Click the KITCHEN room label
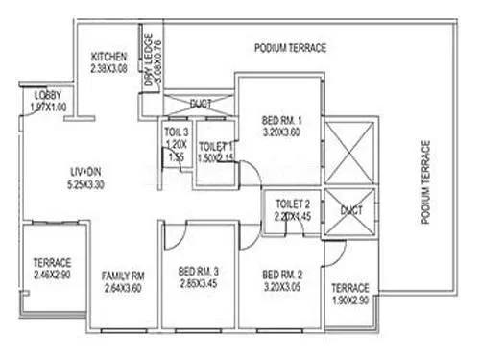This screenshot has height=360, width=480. (x=109, y=56)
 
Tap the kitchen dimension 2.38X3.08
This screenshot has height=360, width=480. (x=109, y=68)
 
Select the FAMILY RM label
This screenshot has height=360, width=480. (x=122, y=276)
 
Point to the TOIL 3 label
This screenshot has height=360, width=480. (x=175, y=132)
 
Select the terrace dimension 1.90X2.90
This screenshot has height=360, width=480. (x=351, y=301)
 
